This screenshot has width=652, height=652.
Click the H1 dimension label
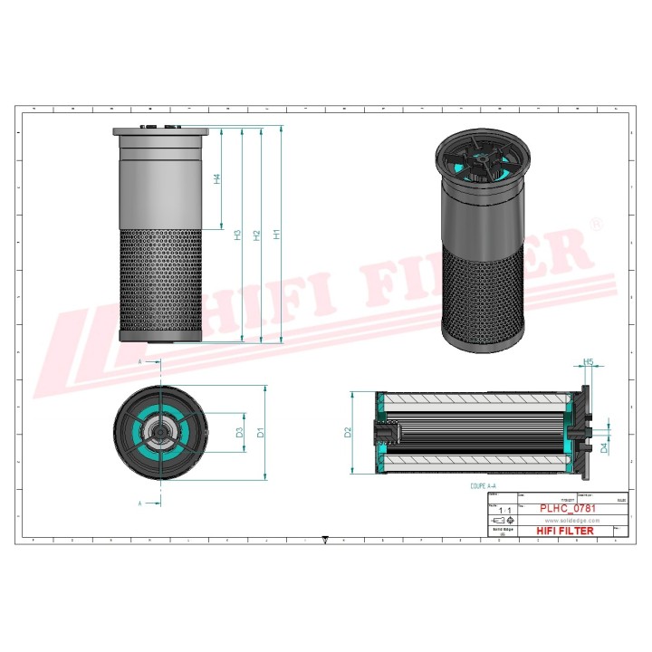tap(277, 234)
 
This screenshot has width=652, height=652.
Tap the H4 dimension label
tap(217, 179)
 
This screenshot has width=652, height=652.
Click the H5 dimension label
tap(588, 362)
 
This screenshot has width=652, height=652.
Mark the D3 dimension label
tap(239, 432)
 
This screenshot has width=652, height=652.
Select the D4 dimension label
tap(605, 446)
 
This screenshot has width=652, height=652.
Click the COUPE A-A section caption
tap(483, 486)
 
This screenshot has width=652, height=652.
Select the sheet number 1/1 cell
tap(503, 512)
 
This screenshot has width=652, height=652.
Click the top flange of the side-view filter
tap(160, 131)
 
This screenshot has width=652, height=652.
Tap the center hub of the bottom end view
tap(159, 433)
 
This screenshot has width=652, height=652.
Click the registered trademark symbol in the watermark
tap(595, 223)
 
